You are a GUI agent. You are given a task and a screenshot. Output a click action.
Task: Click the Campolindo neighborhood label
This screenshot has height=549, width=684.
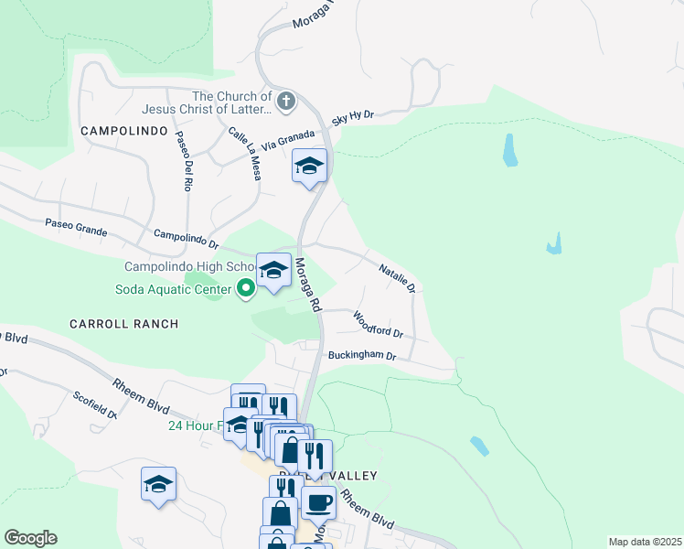click(x=124, y=131)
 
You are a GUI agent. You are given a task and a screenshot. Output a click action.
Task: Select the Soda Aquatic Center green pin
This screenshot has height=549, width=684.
click(x=246, y=290)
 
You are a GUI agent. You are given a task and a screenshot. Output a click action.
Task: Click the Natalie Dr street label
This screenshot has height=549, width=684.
click(x=398, y=276)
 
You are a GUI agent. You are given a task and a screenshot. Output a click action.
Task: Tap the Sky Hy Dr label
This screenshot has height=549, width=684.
click(x=353, y=116)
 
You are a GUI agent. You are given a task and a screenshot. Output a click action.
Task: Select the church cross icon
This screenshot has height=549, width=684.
click(x=286, y=100)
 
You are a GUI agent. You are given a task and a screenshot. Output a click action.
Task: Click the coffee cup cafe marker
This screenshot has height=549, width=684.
click(x=318, y=501)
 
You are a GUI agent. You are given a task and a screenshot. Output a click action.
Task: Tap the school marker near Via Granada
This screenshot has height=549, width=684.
click(x=309, y=167)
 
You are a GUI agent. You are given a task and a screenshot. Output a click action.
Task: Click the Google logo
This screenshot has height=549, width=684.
click(x=30, y=538)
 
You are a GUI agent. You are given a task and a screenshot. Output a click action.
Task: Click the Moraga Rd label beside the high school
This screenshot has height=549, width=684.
click(x=306, y=284)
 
